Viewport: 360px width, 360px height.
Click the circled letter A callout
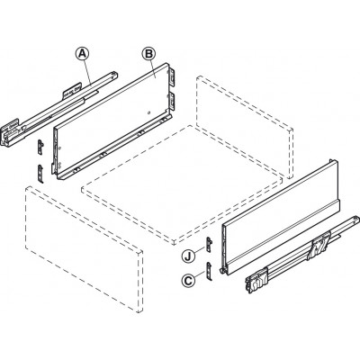click(82, 54)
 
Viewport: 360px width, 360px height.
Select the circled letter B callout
click(148, 54)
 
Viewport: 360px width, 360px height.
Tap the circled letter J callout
click(188, 256)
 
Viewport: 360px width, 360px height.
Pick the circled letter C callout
click(188, 281)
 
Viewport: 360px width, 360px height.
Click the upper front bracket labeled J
click(209, 245)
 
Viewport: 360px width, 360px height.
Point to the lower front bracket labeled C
click(209, 271)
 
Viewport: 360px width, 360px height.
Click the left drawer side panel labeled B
click(112, 121)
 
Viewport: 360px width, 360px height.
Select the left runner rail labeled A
click(58, 109)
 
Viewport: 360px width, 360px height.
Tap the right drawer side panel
click(280, 217)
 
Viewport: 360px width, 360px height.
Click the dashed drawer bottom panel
click(182, 185)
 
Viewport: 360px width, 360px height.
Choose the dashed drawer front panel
click(84, 249)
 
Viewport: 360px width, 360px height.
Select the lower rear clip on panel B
click(171, 102)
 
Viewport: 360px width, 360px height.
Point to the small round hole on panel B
click(148, 113)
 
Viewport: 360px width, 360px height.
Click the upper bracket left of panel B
click(40, 147)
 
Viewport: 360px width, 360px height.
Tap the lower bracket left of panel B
click(40, 174)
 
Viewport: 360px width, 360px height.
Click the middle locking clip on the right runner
click(319, 246)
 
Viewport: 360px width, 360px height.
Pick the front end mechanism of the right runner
click(256, 280)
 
